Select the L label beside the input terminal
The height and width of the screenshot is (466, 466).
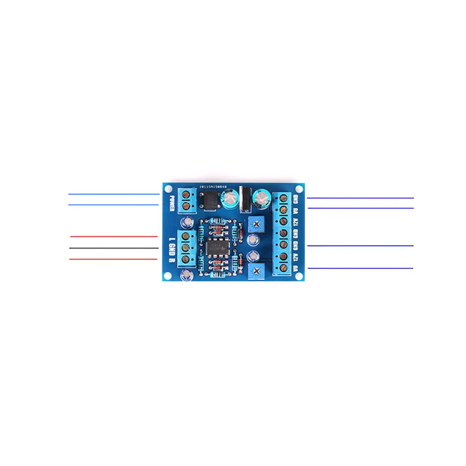(171, 239)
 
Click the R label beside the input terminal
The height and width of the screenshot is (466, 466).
(171, 260)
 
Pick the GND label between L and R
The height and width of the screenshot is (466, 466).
(171, 249)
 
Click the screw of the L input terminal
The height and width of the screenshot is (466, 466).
(186, 236)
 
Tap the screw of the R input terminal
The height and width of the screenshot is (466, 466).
(186, 259)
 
